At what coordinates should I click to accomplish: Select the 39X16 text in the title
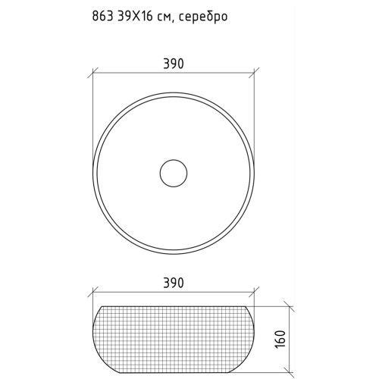[134, 16]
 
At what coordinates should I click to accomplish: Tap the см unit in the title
[165, 18]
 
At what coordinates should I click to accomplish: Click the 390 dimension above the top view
[174, 64]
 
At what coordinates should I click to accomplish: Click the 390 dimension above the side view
[174, 283]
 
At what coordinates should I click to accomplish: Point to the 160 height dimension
[280, 340]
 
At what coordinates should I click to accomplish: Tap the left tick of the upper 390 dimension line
[92, 73]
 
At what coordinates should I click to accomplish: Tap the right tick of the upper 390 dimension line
[254, 73]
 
